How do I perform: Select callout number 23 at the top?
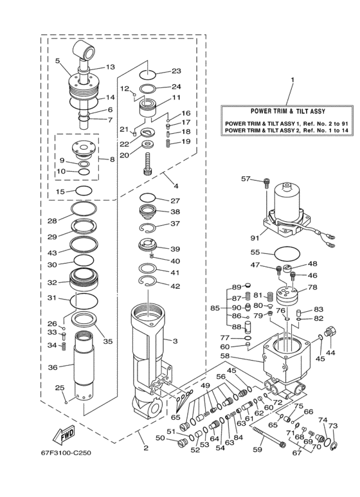pos(175,71)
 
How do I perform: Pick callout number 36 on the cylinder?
pos(53,367)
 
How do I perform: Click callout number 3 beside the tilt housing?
pos(175,340)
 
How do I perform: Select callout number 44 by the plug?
pos(331,353)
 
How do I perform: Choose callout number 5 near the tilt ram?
pos(58,61)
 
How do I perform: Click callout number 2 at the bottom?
pos(146,448)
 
